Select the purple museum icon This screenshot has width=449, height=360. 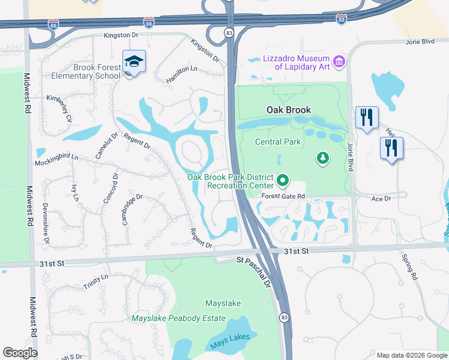point(339,61)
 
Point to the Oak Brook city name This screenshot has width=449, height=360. point(289,110)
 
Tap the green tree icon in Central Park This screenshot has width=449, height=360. point(323,158)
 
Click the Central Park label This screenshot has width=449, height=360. point(277,142)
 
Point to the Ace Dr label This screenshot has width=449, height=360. point(381,198)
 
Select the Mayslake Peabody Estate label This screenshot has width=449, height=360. point(179,318)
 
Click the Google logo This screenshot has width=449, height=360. point(20,353)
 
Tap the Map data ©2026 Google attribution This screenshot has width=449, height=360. point(412,355)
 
